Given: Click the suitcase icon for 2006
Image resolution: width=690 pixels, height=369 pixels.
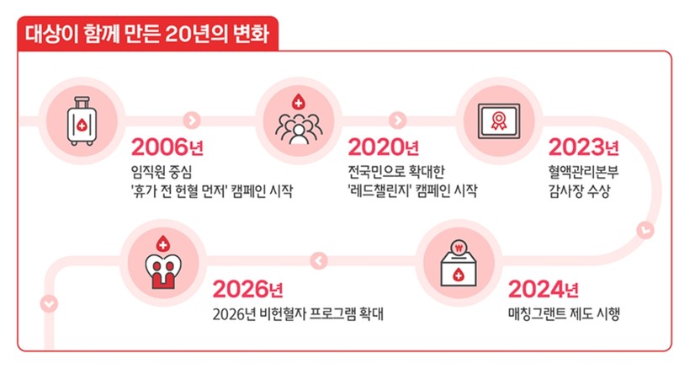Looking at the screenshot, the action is click(x=82, y=121).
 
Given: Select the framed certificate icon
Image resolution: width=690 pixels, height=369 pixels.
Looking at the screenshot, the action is click(x=499, y=121).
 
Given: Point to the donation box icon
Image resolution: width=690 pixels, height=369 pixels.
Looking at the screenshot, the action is click(x=459, y=264).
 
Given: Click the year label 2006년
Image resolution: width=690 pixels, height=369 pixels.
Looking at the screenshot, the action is click(x=167, y=147).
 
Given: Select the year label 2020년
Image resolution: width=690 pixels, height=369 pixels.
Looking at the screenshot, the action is click(x=383, y=147).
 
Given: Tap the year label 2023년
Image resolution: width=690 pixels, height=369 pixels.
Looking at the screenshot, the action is click(x=583, y=147).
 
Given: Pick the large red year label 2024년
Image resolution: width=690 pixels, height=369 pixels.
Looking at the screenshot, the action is click(x=543, y=289).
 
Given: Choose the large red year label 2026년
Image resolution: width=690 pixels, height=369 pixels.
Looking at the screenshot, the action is click(x=247, y=289).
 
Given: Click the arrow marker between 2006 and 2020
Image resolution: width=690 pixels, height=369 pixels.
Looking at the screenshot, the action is click(x=192, y=120).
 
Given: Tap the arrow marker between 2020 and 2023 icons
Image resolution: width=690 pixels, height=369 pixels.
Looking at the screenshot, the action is click(x=398, y=120).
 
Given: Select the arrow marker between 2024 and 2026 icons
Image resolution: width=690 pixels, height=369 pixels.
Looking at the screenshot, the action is click(x=319, y=260).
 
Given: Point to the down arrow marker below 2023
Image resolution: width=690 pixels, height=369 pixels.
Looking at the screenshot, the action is click(x=645, y=230).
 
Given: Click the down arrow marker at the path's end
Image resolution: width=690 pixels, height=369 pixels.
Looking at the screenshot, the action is click(x=49, y=304).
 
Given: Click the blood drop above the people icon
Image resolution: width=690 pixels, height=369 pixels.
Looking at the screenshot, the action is click(x=298, y=102).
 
